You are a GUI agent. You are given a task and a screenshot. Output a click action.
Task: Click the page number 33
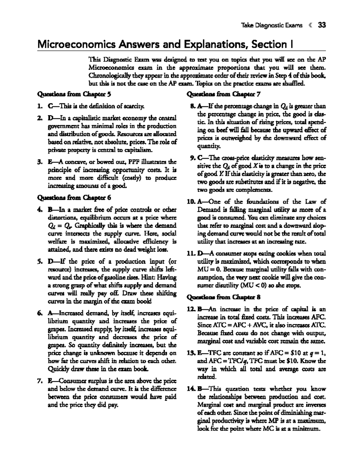[x=322, y=25]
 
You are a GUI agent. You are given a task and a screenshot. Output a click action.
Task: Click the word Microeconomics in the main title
[x=76, y=45]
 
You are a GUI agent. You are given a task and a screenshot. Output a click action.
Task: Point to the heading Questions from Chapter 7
[x=224, y=94]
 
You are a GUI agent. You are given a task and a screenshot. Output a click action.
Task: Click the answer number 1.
[x=39, y=106]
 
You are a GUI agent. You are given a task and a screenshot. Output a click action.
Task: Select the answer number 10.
[x=192, y=202]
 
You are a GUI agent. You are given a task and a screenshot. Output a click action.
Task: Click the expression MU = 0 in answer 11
[x=208, y=269]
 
